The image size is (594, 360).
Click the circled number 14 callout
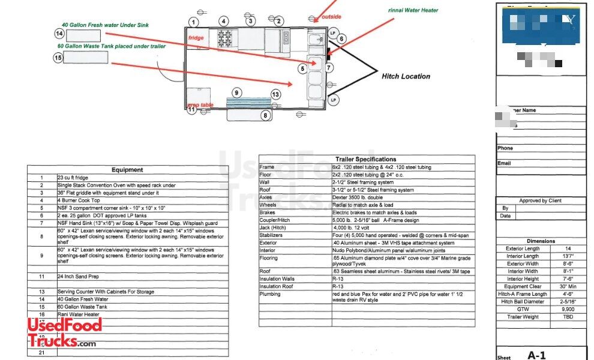coord(59,34)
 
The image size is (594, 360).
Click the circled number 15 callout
coord(58,58)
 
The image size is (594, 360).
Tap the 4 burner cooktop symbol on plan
coord(224,40)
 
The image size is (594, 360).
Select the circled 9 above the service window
coord(237,93)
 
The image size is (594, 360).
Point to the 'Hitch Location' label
coord(406,76)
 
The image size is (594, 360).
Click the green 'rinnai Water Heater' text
coord(413,10)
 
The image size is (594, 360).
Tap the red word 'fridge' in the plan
coord(196,38)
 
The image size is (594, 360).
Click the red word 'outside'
coord(331,17)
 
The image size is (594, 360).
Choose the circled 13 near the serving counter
coord(275,95)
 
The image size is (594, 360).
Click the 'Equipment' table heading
coord(127,170)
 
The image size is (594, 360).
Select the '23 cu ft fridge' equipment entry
coord(74,178)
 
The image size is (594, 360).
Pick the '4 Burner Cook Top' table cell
coord(78,200)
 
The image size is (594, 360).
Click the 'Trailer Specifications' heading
coord(365,159)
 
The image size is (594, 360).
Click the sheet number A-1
coord(536,355)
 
